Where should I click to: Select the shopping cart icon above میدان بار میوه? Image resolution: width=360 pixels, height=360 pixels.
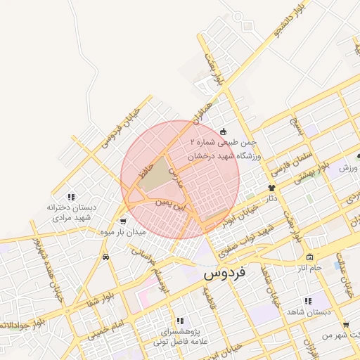pyautogui.click(x=124, y=221)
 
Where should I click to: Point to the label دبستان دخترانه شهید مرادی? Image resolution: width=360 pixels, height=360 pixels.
pyautogui.click(x=70, y=212)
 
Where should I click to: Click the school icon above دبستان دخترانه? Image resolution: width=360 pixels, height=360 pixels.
pyautogui.click(x=70, y=198)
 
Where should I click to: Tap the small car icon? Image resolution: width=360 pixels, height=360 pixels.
pyautogui.click(x=105, y=257)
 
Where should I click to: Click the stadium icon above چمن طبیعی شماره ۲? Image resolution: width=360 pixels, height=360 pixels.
pyautogui.click(x=224, y=131)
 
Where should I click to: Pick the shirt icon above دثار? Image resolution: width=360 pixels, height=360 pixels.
pyautogui.click(x=271, y=188)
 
